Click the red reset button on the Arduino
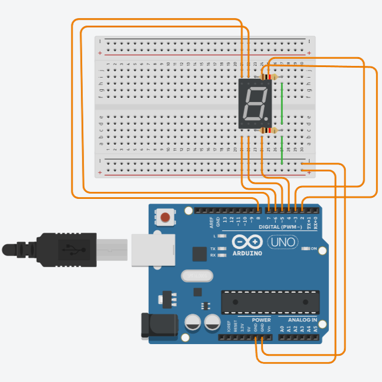pos(165,218)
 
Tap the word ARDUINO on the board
pos(247,253)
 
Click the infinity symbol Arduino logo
pos(248,241)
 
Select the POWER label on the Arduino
pos(261,320)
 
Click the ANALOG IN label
pos(302,320)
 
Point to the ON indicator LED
pos(306,249)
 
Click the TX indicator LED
pos(221,248)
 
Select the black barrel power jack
pos(157,325)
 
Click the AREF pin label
pos(212,221)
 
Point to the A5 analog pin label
pos(316,329)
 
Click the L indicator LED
pos(221,236)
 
